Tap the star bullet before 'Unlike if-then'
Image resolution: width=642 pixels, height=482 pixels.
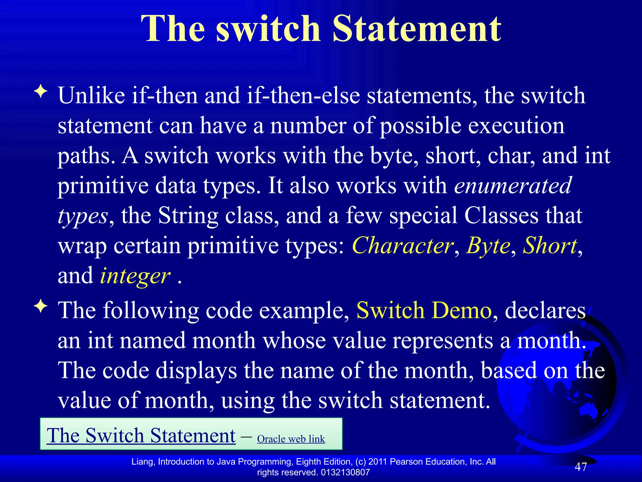[41, 92]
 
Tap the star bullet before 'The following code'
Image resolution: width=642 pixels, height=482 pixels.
[41, 306]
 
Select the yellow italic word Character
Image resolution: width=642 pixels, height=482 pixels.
[403, 245]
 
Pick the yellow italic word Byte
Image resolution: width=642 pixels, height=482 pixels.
[488, 245]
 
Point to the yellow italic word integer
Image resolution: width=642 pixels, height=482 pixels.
[135, 276]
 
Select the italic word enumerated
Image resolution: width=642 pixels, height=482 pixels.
[513, 185]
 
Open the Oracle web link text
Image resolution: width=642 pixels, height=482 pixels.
[291, 439]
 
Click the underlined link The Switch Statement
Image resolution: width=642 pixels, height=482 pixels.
[141, 436]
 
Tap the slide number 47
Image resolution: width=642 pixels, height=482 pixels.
[581, 467]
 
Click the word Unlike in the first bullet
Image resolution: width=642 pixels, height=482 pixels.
[91, 95]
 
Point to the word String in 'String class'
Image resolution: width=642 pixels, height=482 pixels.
[188, 216]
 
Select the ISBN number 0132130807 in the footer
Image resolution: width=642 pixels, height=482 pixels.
[345, 472]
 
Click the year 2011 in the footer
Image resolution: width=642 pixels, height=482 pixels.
[378, 462]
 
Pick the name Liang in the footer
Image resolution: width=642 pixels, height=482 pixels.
[143, 462]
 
